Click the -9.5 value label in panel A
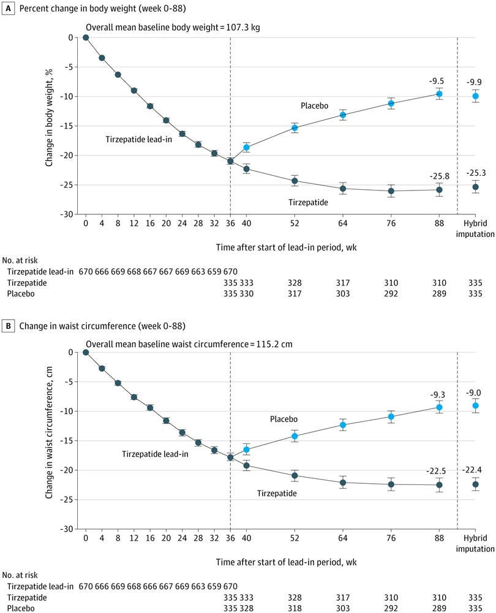[436, 81]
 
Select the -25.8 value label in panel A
[439, 176]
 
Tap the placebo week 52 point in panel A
[295, 128]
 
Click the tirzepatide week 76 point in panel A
[391, 191]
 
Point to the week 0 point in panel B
[86, 352]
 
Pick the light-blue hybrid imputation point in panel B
[475, 406]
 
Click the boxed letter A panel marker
[8, 8]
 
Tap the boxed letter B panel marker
[8, 326]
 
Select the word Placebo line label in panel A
[314, 105]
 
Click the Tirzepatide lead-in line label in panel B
[155, 454]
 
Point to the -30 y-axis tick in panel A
[67, 214]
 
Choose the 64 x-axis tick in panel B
[343, 538]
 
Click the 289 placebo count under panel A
[439, 293]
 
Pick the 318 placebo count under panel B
[295, 608]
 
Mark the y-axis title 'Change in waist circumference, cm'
[49, 432]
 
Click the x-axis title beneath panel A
[287, 247]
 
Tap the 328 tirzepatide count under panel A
[295, 283]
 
